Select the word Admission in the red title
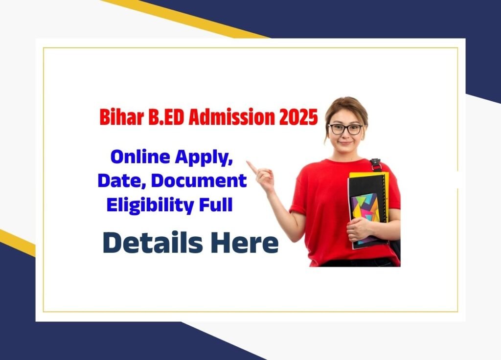[x=231, y=117]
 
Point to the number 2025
[x=298, y=117]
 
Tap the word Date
[x=122, y=181]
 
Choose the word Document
[x=199, y=180]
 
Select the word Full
[x=216, y=205]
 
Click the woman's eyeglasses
[x=345, y=129]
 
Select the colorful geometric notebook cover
[x=364, y=217]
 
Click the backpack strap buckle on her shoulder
[x=375, y=163]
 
